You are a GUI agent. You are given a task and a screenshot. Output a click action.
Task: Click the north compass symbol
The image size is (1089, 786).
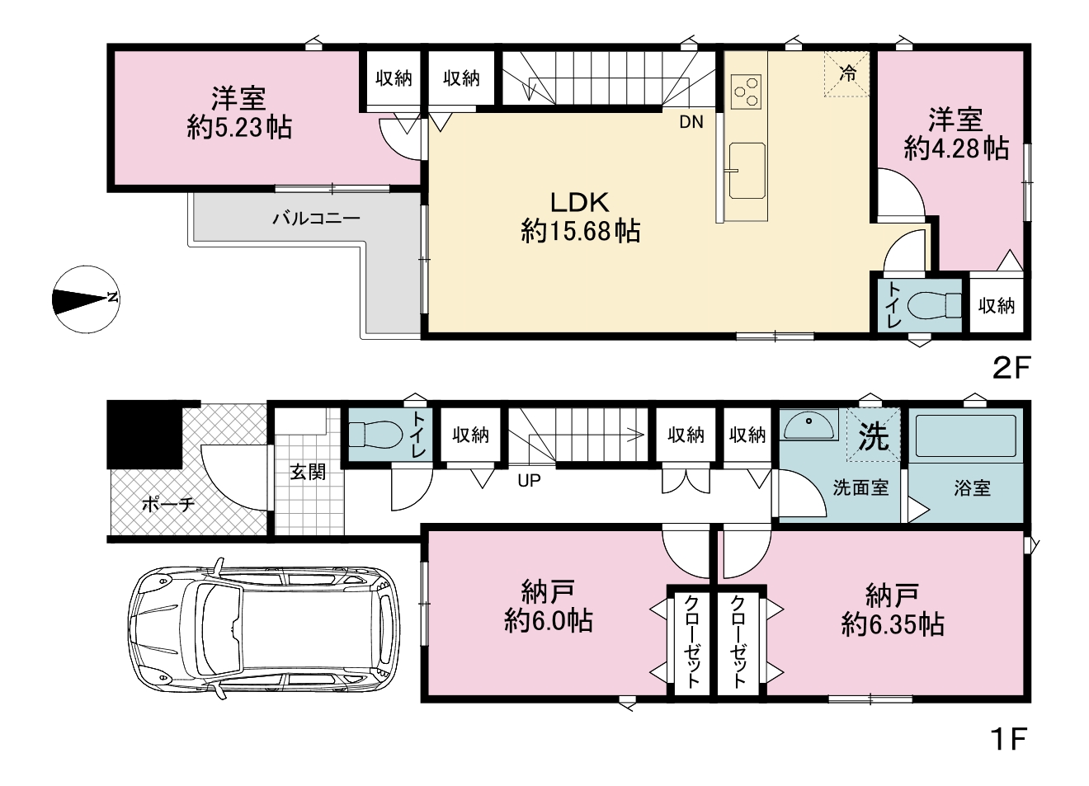click(x=86, y=299)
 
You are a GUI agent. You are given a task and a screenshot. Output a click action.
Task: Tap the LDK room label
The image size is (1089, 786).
click(x=579, y=203)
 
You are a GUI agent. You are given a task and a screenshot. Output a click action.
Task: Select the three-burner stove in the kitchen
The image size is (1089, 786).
click(x=746, y=92)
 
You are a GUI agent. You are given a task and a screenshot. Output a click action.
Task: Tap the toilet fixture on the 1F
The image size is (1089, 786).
click(x=376, y=435)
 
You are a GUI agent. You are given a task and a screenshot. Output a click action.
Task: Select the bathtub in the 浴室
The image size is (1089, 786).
click(x=965, y=435)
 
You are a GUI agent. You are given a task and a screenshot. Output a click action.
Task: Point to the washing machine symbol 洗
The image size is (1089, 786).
click(x=873, y=435)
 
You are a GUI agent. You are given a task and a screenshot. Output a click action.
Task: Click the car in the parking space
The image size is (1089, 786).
click(x=263, y=628)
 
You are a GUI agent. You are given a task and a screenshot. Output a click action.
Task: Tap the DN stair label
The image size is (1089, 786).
click(x=691, y=122)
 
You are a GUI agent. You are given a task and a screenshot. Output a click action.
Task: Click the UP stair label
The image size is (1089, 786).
click(x=529, y=481)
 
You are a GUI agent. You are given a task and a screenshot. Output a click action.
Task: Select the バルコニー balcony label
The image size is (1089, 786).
click(x=316, y=219)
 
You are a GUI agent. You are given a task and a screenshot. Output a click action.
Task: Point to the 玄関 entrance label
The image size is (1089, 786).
click(x=308, y=472)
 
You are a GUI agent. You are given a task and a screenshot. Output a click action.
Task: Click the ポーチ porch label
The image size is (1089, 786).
click(x=168, y=505)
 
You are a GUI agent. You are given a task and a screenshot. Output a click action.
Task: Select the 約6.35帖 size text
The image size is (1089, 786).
click(x=893, y=625)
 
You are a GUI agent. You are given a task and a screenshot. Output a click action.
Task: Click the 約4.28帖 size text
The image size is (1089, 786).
click(x=956, y=148)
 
